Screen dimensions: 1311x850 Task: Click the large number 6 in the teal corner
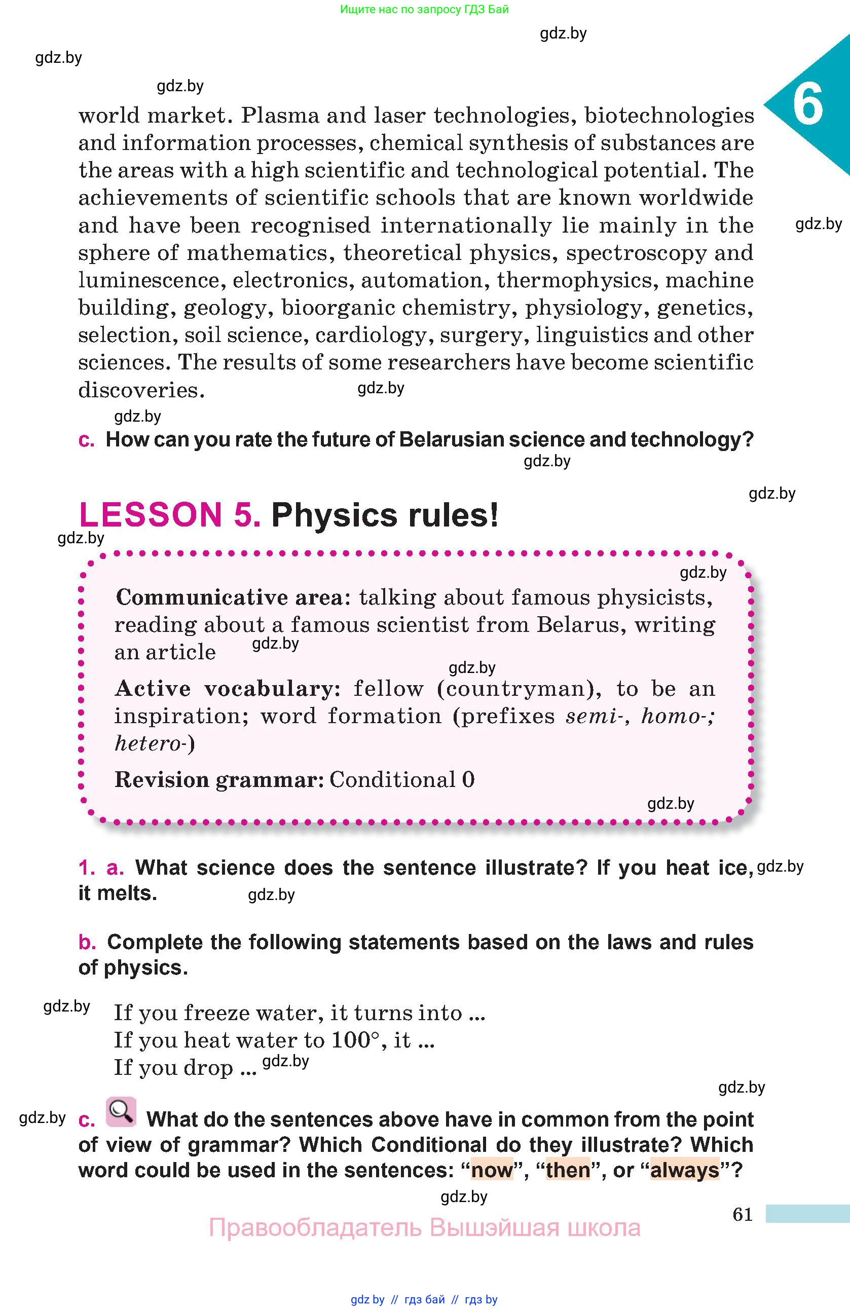coord(807,105)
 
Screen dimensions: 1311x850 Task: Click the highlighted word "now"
coord(492,1170)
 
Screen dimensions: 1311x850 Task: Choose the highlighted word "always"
coord(685,1170)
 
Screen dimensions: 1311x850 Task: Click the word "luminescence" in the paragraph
coord(152,280)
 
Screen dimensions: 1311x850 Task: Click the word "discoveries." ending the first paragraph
coord(141,391)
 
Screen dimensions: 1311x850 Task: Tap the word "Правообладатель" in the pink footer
coord(315,1227)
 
